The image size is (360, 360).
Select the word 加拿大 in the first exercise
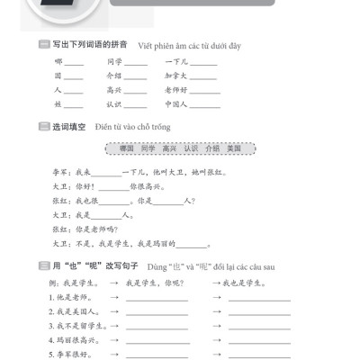[177, 76]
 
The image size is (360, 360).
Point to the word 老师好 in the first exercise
[177, 90]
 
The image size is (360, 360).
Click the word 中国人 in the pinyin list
[177, 104]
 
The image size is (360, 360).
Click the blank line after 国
[74, 77]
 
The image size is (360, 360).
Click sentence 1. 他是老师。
[69, 297]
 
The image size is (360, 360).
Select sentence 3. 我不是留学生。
[75, 325]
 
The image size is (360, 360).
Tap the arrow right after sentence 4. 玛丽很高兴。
[115, 339]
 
